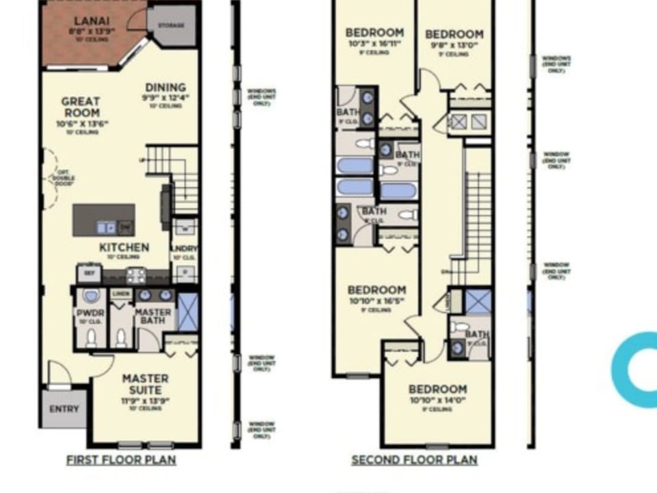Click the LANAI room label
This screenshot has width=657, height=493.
point(90,21)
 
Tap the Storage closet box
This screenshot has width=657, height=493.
point(170,25)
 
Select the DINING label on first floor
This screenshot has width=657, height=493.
point(166,88)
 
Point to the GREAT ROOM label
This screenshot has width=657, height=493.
point(81,108)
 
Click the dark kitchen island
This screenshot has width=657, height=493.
point(103,220)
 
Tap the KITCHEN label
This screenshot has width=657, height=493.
point(124,247)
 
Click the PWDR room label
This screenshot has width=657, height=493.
point(90,313)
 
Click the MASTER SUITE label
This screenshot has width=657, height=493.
point(145,385)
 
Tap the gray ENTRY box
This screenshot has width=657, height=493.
point(64,409)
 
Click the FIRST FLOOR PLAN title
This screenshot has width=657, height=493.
point(121,460)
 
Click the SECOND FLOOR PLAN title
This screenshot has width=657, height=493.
point(414,460)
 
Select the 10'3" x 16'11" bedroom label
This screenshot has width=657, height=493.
point(374,32)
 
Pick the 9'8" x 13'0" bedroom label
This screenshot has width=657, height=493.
point(454,34)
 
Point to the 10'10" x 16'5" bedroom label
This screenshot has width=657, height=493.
point(376,290)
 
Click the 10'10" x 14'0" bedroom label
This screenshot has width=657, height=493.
point(438,390)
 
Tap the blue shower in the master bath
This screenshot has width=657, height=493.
point(188,311)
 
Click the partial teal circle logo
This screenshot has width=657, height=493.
point(633,370)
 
